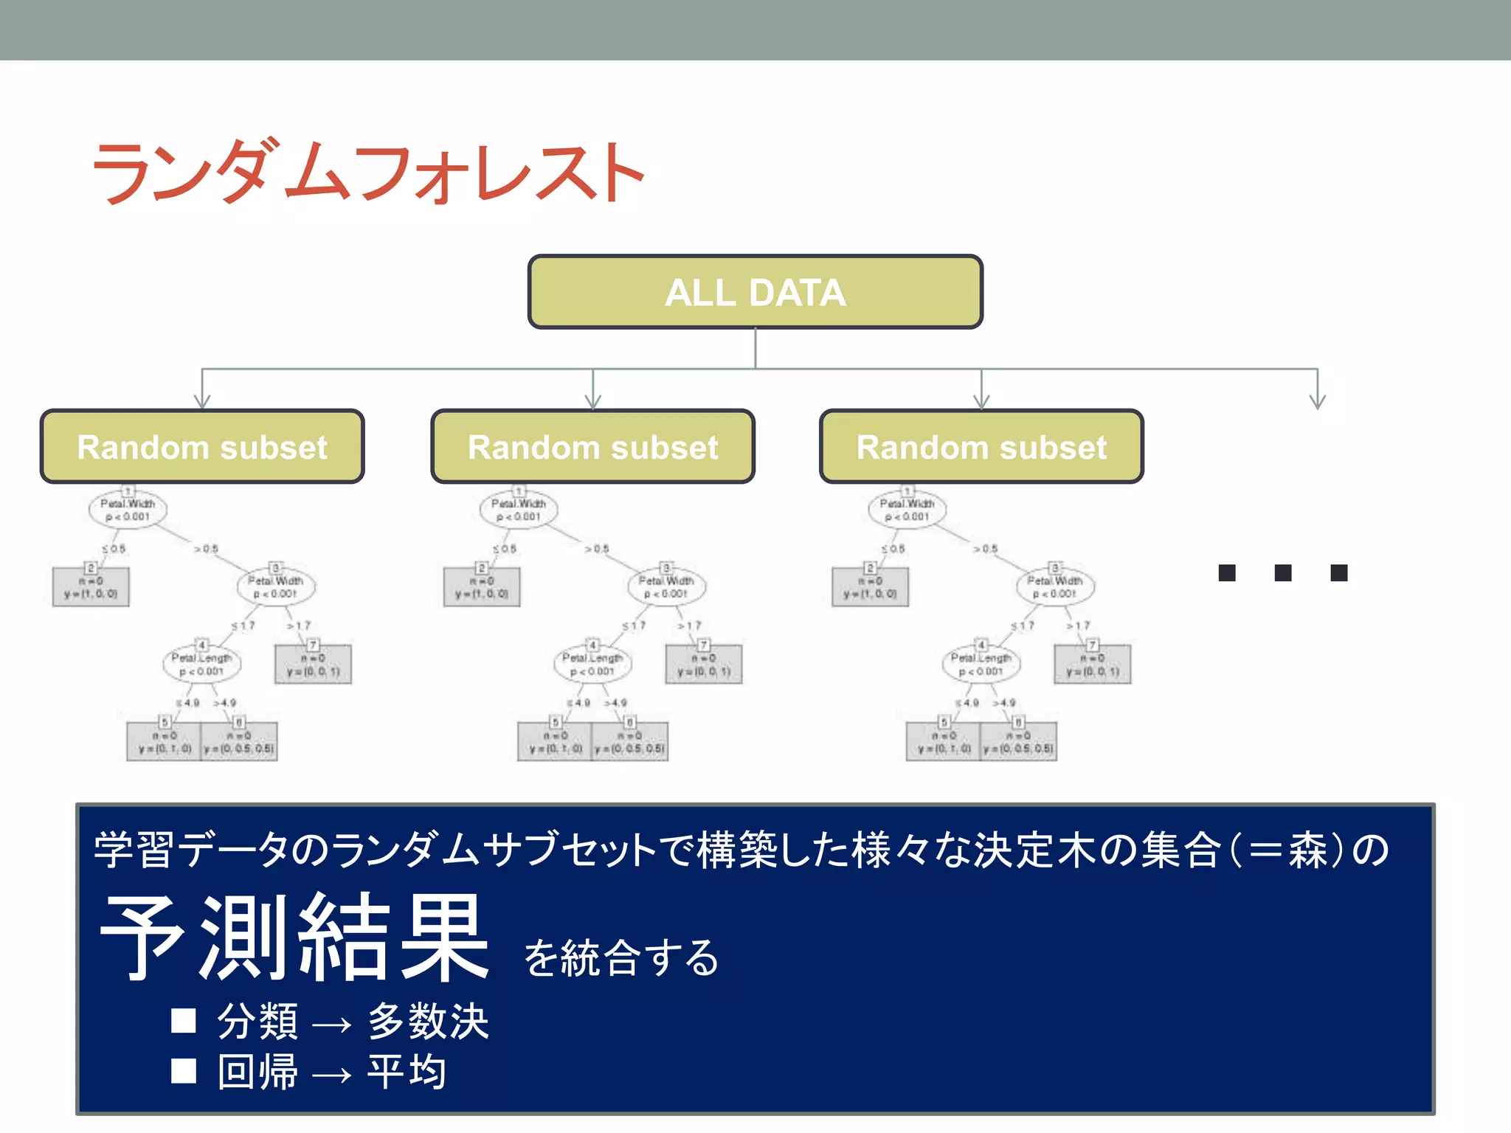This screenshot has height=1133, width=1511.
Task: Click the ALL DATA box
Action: click(755, 292)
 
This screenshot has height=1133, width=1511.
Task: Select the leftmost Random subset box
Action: click(202, 447)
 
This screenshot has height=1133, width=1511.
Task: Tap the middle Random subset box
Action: click(592, 447)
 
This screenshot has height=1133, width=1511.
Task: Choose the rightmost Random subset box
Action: click(981, 447)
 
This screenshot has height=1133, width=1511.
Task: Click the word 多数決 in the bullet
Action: click(428, 1022)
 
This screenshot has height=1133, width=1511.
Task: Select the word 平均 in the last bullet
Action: click(407, 1072)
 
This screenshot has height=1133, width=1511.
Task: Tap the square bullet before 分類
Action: click(184, 1021)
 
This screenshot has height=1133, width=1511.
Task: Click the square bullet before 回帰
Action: click(184, 1071)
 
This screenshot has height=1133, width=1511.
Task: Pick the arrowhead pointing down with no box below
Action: click(1318, 401)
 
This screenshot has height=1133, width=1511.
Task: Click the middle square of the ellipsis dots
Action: click(1283, 573)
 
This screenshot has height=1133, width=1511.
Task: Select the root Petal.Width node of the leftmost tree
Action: click(128, 509)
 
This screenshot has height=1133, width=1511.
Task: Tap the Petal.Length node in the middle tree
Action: click(592, 664)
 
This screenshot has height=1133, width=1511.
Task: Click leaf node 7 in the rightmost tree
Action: click(1093, 664)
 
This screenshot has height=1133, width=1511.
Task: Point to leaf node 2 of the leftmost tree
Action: click(91, 587)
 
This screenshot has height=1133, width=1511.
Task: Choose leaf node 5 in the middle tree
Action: click(555, 741)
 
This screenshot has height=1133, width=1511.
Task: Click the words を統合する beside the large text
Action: click(621, 958)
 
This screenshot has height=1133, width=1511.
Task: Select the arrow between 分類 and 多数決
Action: click(331, 1025)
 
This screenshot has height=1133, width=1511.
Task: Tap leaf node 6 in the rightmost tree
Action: click(1018, 741)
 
